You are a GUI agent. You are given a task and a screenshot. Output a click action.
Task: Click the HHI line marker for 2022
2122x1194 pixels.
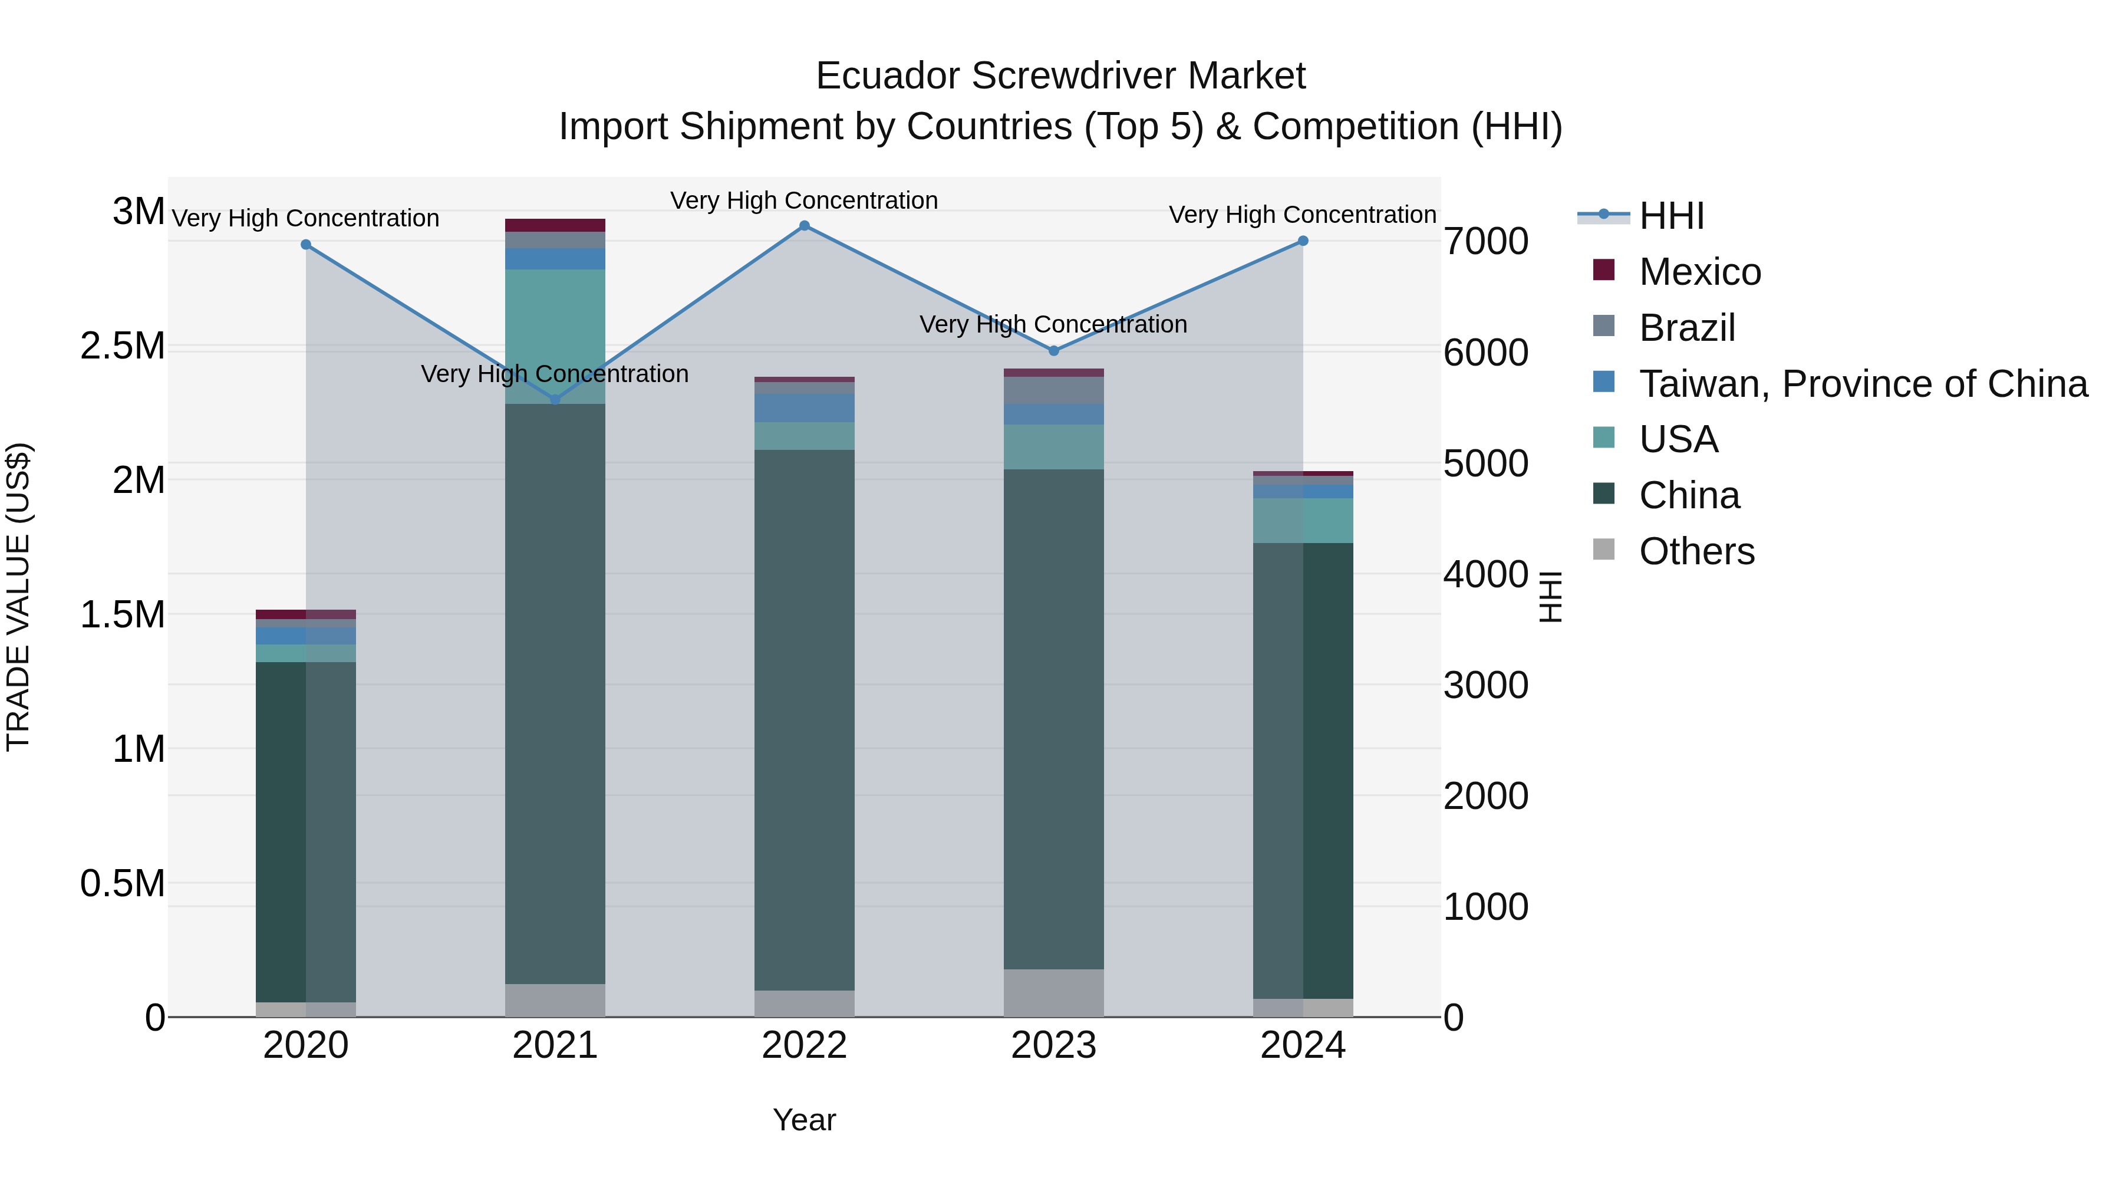[805, 226]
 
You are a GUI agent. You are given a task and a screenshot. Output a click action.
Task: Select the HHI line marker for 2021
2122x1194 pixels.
[555, 400]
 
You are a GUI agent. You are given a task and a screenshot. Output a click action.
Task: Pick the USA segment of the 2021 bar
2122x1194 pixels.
[555, 336]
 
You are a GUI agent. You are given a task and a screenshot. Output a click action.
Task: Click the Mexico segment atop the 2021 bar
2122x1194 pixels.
[555, 225]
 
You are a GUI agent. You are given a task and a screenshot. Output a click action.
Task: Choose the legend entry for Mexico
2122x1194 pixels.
[1699, 272]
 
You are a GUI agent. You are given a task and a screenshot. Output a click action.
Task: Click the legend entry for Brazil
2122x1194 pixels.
[1686, 328]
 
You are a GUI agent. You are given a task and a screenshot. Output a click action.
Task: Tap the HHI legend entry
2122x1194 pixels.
[1670, 216]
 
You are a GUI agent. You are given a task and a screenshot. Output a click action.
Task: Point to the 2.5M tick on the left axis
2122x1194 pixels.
[123, 346]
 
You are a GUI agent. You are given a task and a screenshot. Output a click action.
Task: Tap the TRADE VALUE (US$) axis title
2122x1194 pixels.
[18, 597]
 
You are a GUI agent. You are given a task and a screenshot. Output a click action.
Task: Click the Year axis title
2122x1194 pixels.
[804, 1120]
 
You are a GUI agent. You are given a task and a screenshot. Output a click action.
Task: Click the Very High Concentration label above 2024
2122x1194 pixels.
[1302, 214]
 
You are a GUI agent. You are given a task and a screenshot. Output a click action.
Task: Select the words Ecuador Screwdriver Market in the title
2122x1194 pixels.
[1060, 76]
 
